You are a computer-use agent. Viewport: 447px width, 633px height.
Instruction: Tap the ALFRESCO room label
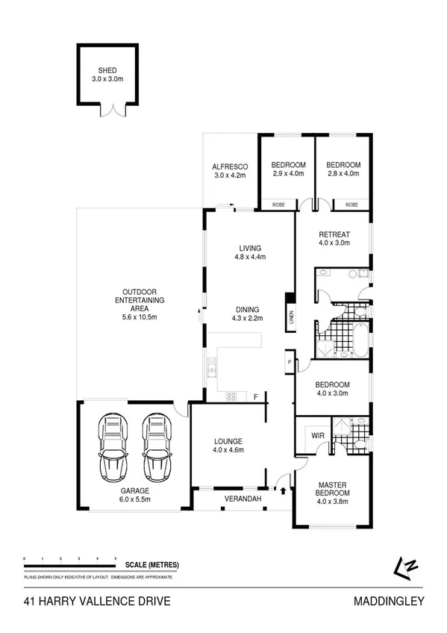230,166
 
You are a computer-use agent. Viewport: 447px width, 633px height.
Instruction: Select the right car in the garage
157,449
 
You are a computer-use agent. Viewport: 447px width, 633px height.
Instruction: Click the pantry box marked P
289,363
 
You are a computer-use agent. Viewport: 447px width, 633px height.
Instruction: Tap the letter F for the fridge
255,396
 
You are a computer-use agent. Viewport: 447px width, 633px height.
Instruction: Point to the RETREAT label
334,233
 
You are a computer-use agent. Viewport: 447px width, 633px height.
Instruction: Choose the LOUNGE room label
228,440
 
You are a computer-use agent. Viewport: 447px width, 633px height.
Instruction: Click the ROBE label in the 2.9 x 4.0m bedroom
278,204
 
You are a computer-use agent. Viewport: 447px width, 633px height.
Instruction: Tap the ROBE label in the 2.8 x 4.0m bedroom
351,204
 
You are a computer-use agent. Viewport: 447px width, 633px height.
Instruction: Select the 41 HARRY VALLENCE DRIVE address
97,600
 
